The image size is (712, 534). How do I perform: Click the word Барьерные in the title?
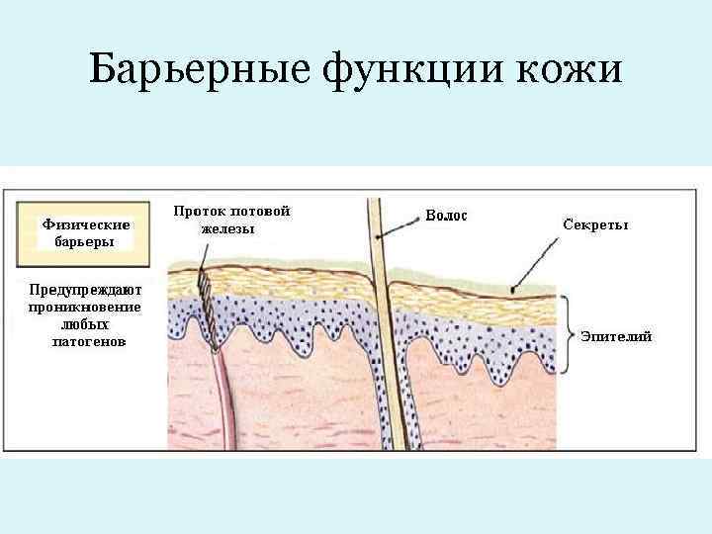(x=198, y=71)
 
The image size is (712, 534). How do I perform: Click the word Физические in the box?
(x=86, y=224)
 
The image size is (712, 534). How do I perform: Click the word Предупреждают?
(x=85, y=291)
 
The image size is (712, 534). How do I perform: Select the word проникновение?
(x=85, y=308)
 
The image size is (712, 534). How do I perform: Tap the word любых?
(x=85, y=324)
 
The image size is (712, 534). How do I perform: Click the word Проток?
(x=199, y=212)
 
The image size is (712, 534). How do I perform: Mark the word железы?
(x=227, y=228)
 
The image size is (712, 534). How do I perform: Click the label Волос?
(x=446, y=216)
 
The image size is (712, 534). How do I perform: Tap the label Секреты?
(x=595, y=224)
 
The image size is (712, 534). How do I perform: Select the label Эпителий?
(x=616, y=337)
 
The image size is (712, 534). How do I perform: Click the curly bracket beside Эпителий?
(x=567, y=335)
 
